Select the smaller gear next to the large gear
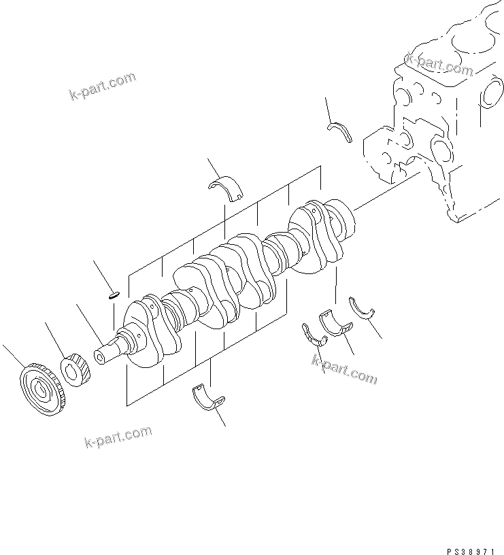77,370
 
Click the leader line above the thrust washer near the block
330,109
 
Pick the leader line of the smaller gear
56,340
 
